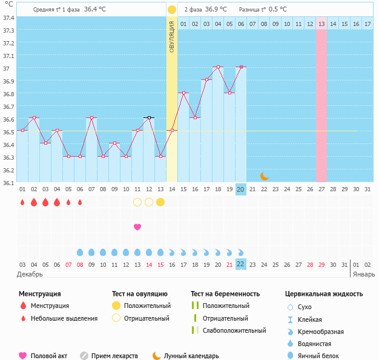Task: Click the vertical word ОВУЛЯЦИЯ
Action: (x=172, y=36)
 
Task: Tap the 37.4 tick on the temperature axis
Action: (x=9, y=18)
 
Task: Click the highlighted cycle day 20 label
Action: (x=240, y=189)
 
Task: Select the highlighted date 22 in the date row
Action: (x=240, y=264)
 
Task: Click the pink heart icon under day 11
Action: (x=137, y=227)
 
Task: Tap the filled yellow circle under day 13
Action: (x=160, y=202)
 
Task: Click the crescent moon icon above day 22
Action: (x=264, y=176)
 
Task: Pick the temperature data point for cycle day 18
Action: (x=217, y=67)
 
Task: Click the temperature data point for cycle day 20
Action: (x=241, y=67)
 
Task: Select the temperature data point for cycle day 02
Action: (x=34, y=117)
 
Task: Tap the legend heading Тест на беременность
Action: (x=225, y=293)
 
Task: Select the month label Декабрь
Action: (x=30, y=275)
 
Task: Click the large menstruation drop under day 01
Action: (x=22, y=202)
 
